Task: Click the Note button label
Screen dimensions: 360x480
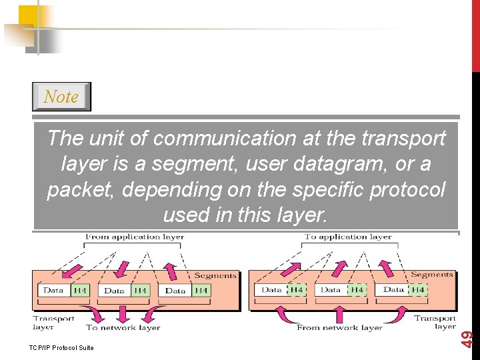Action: [x=61, y=97]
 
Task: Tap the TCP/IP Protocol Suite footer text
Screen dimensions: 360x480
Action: [x=62, y=347]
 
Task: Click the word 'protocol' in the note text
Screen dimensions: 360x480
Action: [x=408, y=189]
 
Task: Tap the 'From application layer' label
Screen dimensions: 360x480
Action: [x=135, y=237]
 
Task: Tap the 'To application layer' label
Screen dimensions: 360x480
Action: [x=348, y=237]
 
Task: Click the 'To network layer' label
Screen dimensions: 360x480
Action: [x=123, y=327]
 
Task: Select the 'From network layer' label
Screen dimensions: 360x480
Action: [x=339, y=327]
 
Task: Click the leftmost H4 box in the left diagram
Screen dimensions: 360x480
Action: [x=80, y=291]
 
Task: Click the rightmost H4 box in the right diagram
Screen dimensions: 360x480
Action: [x=417, y=290]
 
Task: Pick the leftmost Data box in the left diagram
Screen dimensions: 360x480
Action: [x=53, y=291]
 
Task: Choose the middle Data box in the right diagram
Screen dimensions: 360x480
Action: [x=331, y=290]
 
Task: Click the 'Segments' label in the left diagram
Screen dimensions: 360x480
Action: [x=215, y=275]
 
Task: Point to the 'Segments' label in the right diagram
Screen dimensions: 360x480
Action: [x=431, y=274]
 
